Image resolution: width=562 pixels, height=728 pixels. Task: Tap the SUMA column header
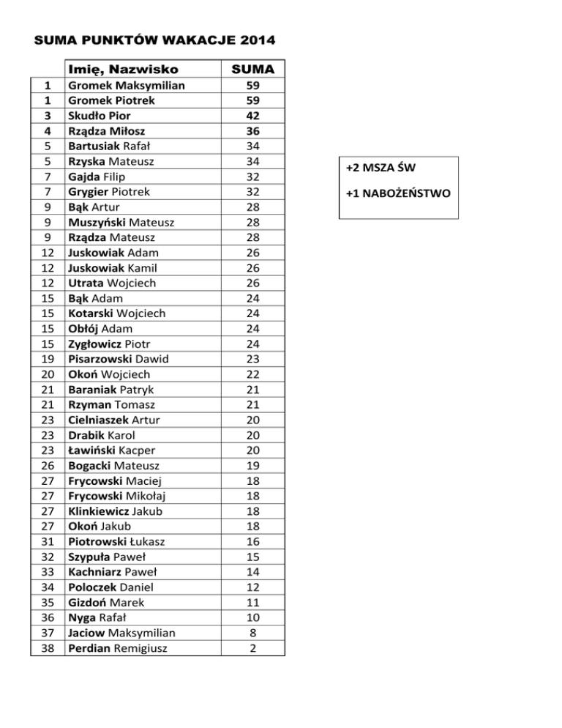pyautogui.click(x=252, y=70)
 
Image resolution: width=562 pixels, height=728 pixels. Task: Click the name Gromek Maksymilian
pyautogui.click(x=126, y=86)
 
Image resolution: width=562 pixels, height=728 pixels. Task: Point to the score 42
pyautogui.click(x=252, y=116)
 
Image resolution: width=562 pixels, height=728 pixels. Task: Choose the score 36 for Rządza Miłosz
pyautogui.click(x=252, y=131)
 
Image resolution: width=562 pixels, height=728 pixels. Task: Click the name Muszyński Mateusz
pyautogui.click(x=120, y=222)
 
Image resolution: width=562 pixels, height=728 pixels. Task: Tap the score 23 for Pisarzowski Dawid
pyautogui.click(x=252, y=359)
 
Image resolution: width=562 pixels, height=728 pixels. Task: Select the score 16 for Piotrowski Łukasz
pyautogui.click(x=252, y=541)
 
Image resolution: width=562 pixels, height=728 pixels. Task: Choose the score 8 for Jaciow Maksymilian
pyautogui.click(x=252, y=633)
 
